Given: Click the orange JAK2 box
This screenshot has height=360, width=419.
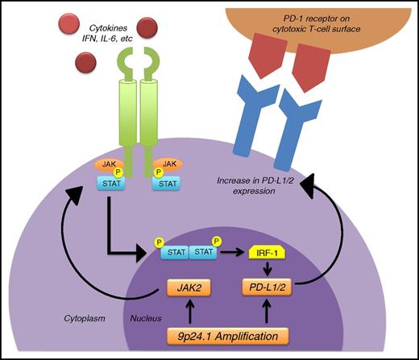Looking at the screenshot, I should (x=189, y=284).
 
